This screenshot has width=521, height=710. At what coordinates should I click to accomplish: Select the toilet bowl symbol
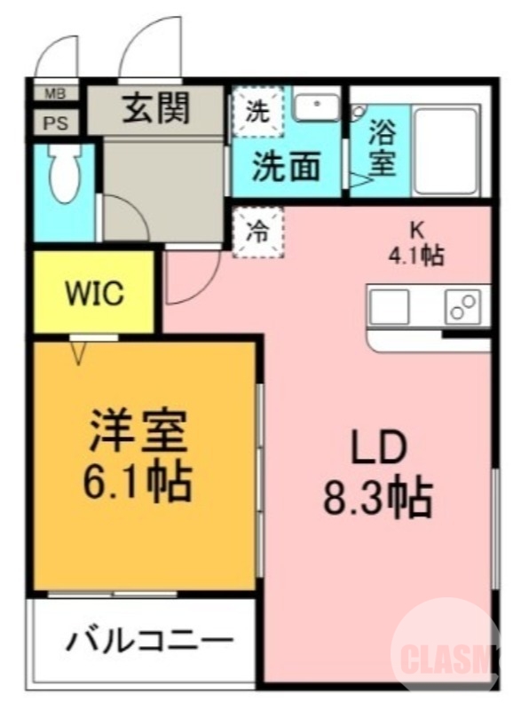(x=64, y=176)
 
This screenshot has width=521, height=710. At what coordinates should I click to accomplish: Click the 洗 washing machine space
(x=257, y=112)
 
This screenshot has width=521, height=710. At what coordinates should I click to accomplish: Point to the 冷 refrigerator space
(x=257, y=233)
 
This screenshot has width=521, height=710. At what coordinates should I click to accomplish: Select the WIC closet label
(x=94, y=294)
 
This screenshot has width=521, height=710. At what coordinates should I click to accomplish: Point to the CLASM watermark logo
(x=448, y=658)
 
